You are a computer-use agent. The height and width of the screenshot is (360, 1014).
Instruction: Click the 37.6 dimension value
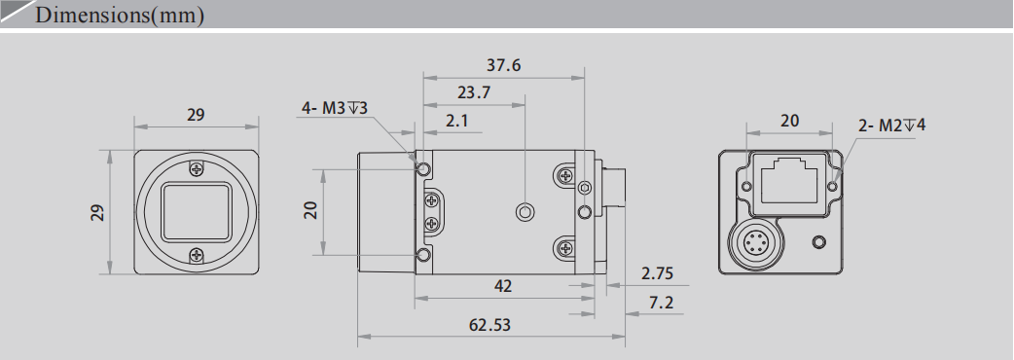coord(503,66)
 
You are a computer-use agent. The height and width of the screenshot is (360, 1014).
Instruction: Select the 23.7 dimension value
coord(473,93)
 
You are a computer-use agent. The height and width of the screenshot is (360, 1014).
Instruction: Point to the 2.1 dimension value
coord(456,122)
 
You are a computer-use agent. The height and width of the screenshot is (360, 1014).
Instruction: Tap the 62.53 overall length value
coord(489,325)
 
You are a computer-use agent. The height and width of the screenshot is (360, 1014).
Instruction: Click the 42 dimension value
coord(503,286)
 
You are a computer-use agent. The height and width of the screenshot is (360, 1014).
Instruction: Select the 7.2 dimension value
coord(662,304)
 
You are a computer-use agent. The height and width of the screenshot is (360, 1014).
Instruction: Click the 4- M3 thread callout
coord(334,108)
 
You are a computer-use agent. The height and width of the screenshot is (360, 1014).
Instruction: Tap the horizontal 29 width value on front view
coord(196,115)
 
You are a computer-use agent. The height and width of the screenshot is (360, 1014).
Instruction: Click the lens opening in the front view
coord(198,212)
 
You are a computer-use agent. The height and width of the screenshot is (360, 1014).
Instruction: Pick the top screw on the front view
coord(198,168)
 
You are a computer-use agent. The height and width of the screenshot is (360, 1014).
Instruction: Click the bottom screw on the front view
coord(198,255)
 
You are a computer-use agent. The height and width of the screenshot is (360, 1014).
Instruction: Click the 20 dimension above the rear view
coord(790,121)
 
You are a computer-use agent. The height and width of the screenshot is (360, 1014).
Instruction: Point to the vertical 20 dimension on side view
coord(310,209)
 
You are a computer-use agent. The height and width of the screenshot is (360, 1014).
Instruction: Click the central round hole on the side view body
coord(525,211)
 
